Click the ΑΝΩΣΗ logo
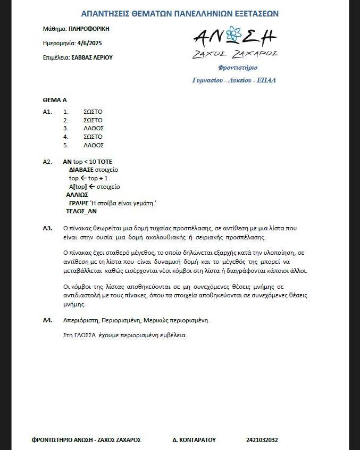tap(235, 37)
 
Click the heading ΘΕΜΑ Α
tap(54, 99)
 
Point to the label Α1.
tap(47, 112)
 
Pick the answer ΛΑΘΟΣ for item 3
tap(94, 128)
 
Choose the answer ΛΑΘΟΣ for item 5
tap(94, 145)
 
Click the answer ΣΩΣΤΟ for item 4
tap(93, 137)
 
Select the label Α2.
tap(47, 162)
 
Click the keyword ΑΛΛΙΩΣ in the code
tap(77, 195)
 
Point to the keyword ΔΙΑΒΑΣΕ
tap(81, 170)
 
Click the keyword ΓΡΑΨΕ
tap(79, 203)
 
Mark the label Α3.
tap(47, 228)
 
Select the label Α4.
tap(47, 320)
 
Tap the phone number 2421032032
tap(262, 440)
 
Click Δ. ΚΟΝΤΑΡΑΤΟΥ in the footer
tap(194, 440)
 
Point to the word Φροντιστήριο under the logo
tap(238, 68)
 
